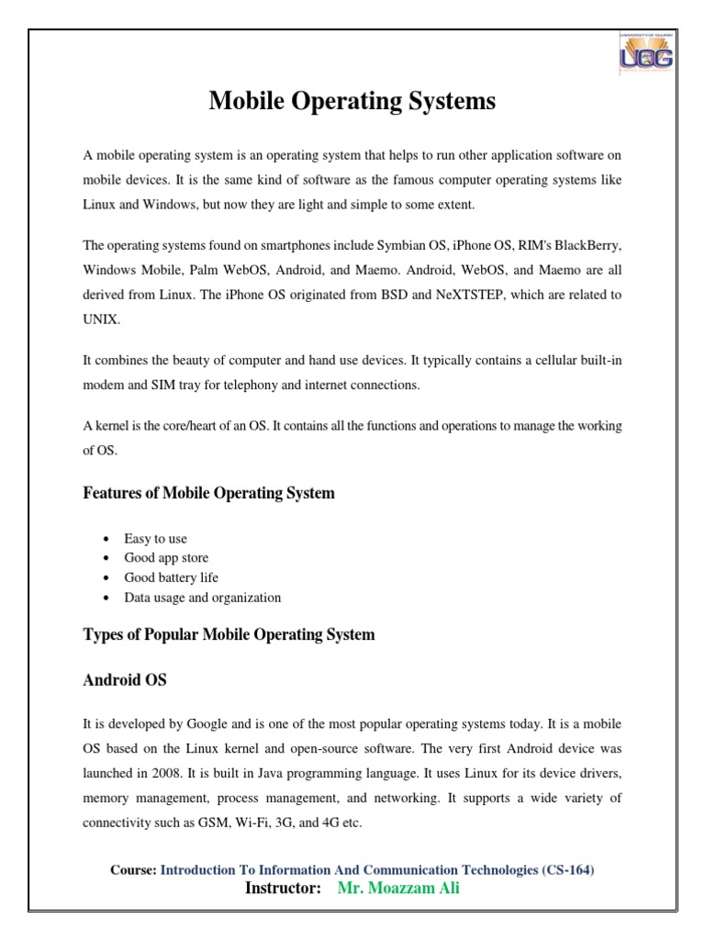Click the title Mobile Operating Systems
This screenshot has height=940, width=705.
[x=352, y=101]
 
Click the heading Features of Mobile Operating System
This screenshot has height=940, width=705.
[x=208, y=493]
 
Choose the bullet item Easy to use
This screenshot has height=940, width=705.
[x=155, y=539]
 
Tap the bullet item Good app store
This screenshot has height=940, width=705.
[x=166, y=558]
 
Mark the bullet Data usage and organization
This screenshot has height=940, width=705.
[x=202, y=598]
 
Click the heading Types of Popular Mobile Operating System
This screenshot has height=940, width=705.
[x=229, y=634]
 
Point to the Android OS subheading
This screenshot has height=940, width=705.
[x=125, y=681]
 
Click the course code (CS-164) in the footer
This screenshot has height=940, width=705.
[x=570, y=869]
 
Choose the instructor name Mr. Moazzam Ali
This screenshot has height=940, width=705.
[x=398, y=889]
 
